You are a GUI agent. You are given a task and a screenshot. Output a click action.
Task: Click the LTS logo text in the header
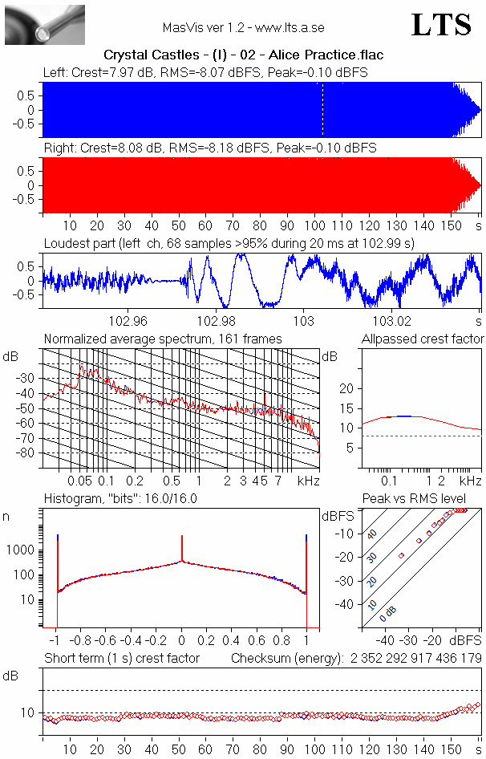point(441,25)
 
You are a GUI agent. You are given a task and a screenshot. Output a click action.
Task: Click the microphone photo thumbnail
point(33,24)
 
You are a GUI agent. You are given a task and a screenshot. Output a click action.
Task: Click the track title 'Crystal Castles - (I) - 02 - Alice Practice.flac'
point(243,55)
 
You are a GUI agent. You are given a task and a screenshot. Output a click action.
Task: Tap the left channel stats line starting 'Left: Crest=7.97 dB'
point(206,72)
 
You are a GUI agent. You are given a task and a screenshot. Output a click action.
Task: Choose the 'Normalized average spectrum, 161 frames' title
point(163,339)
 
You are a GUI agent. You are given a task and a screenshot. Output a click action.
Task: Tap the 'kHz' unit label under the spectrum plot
point(308,481)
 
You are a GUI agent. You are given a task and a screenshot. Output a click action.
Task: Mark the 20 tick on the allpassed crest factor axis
point(347,388)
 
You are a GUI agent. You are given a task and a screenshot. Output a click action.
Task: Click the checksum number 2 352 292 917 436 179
point(415,659)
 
